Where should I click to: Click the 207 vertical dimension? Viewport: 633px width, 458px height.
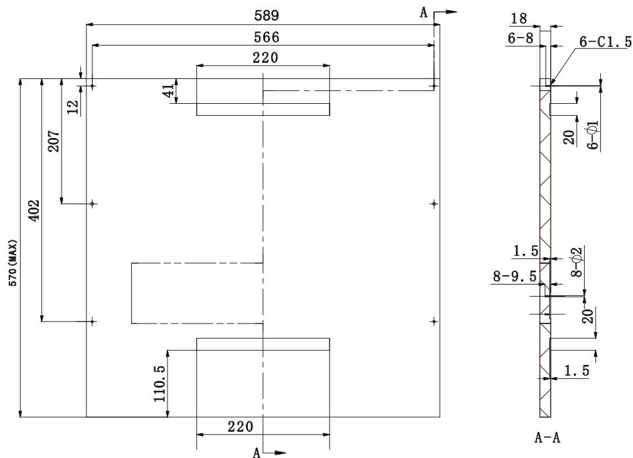tap(54, 141)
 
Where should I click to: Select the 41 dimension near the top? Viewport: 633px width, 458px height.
tap(169, 91)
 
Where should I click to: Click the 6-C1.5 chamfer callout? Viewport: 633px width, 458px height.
tap(605, 42)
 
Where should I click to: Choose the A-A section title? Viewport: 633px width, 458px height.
tap(547, 439)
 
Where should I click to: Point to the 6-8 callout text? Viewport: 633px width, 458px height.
tap(520, 40)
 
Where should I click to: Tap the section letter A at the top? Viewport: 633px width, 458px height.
tap(423, 13)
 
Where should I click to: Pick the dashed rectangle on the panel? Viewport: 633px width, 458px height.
tap(197, 293)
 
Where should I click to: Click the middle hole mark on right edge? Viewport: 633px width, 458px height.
tap(435, 203)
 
